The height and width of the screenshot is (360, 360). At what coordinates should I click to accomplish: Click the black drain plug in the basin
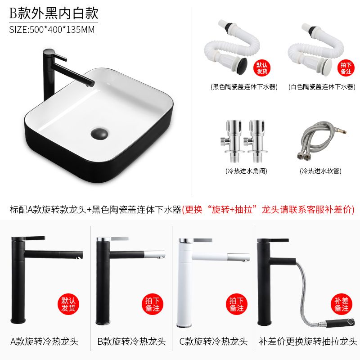[x=99, y=133]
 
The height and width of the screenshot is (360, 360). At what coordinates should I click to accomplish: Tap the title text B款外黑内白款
[x=54, y=13]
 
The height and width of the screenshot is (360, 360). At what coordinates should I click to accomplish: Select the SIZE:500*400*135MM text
[x=52, y=30]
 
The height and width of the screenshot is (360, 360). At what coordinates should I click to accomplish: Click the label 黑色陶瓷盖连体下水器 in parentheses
[x=244, y=87]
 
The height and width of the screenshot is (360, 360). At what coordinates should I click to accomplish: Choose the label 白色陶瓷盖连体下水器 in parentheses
[x=322, y=87]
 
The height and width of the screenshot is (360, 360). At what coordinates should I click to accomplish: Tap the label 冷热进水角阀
[x=246, y=171]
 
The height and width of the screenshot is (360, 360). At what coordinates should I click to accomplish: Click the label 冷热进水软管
[x=320, y=171]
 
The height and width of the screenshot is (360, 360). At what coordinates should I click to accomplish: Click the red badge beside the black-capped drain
[x=262, y=68]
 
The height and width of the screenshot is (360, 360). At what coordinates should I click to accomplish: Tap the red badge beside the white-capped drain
[x=346, y=68]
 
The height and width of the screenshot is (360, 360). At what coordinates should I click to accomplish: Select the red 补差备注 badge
[x=342, y=304]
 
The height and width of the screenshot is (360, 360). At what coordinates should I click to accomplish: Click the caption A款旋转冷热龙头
[x=45, y=342]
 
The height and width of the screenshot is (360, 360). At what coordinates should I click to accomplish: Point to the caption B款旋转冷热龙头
[x=131, y=342]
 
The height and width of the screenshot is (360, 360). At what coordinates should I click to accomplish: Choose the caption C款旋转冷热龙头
[x=213, y=342]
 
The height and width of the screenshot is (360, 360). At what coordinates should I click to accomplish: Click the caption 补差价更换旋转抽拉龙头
[x=308, y=342]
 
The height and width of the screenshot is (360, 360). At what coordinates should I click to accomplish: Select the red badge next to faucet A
[x=68, y=304]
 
